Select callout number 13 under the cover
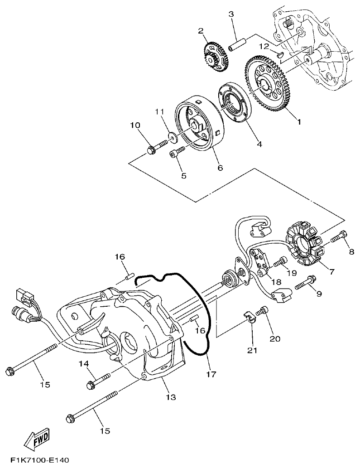(x=171, y=397)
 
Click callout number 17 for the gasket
(x=211, y=374)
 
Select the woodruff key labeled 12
(x=280, y=54)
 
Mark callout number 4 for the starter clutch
(x=259, y=145)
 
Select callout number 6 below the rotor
(x=220, y=168)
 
